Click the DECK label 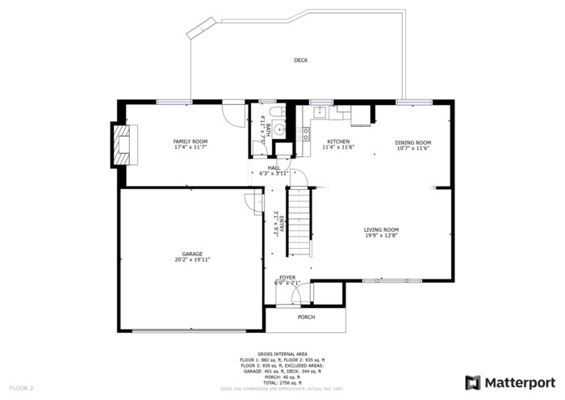[300, 60]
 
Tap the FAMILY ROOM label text [190, 142]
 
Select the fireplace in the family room [124, 144]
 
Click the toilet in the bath [274, 113]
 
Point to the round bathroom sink [278, 130]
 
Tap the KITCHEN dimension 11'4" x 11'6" [338, 148]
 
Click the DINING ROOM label [412, 142]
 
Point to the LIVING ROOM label [381, 229]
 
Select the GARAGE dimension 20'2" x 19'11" [192, 260]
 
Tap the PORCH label [306, 317]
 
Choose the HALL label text [274, 167]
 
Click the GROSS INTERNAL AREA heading [282, 354]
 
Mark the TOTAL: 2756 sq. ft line [282, 381]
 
